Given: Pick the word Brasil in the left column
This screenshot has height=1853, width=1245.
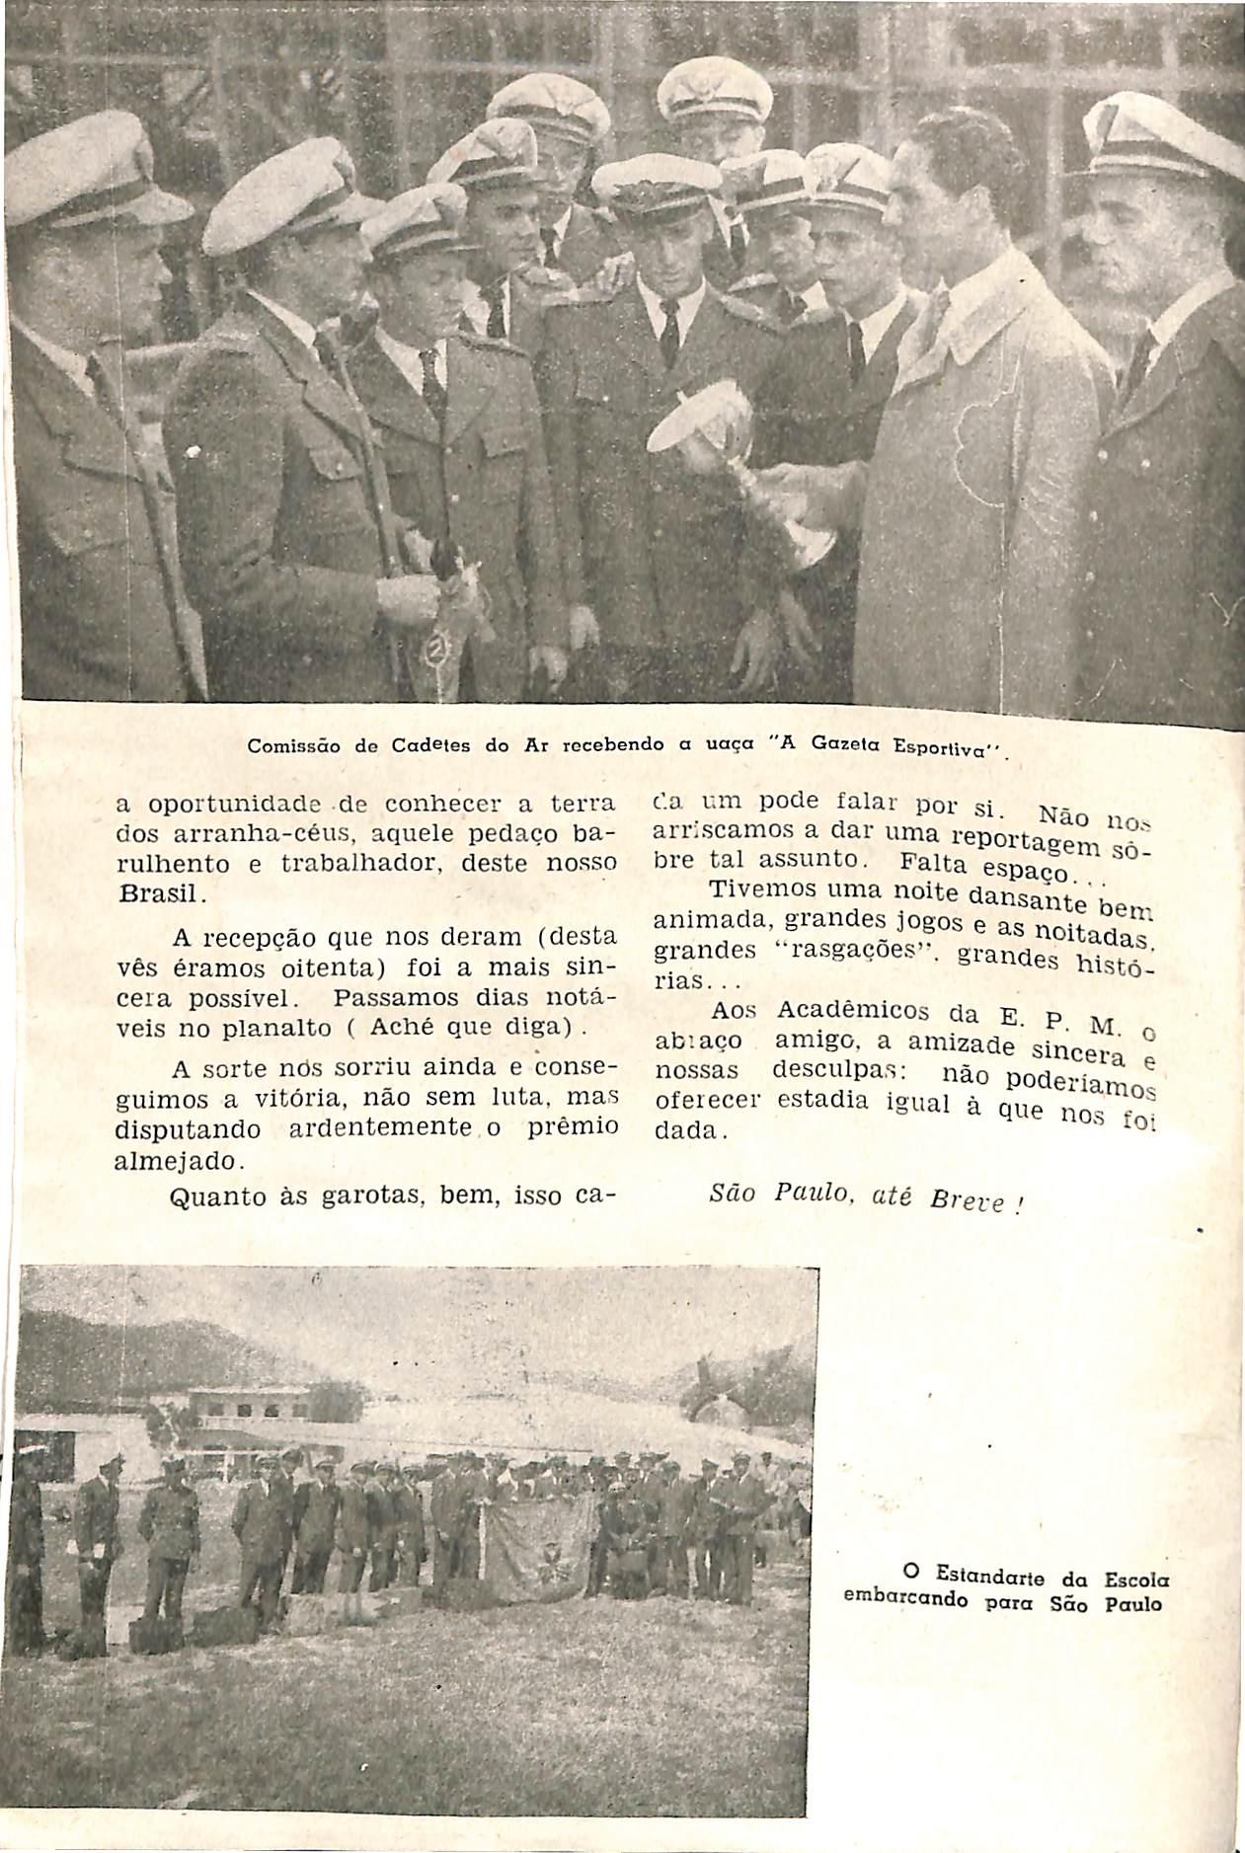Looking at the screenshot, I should (x=158, y=894).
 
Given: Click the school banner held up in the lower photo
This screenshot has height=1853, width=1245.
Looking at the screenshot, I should (x=538, y=1545).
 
